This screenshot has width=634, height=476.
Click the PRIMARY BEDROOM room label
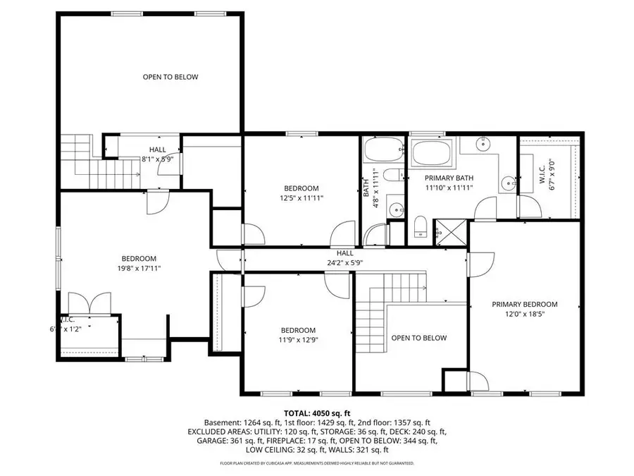(524, 304)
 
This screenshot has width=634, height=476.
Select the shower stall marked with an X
(445, 231)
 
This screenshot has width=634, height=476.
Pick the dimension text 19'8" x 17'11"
(139, 268)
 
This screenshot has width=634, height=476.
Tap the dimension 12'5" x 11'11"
(302, 198)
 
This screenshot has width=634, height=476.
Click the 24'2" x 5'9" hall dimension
(344, 262)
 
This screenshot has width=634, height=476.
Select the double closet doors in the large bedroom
(90, 302)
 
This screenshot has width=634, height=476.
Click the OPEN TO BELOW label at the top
(170, 77)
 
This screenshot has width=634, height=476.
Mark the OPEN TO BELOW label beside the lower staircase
(419, 338)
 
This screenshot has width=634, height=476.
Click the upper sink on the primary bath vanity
(483, 147)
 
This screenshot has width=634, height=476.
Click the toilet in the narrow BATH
(399, 174)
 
